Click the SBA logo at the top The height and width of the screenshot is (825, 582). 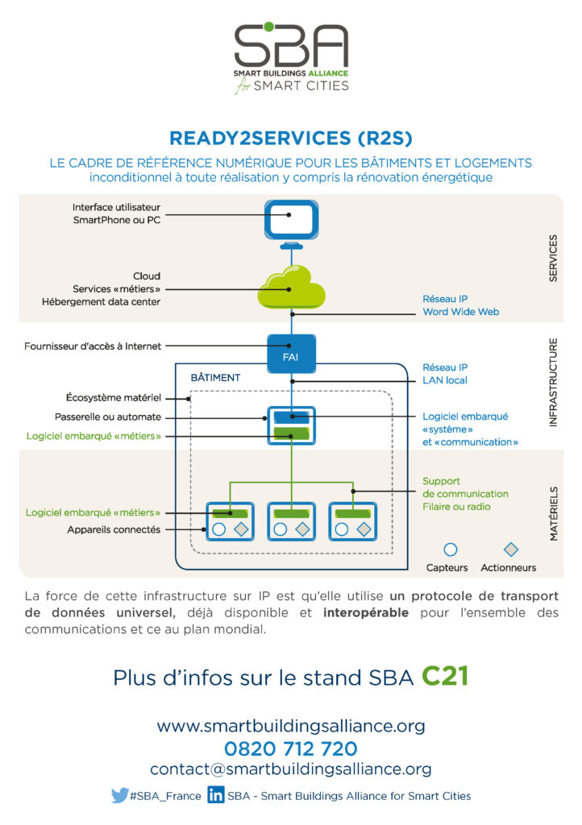click(x=291, y=58)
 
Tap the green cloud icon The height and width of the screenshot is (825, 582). click(x=291, y=288)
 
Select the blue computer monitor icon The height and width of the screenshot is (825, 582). click(x=291, y=225)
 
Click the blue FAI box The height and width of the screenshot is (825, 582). click(x=292, y=354)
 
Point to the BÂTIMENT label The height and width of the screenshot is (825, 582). click(x=215, y=378)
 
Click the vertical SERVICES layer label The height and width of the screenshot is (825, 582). click(x=553, y=259)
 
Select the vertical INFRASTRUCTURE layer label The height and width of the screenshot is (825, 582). click(x=553, y=383)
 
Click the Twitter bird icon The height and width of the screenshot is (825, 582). click(x=119, y=795)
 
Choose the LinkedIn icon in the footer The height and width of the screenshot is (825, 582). click(x=216, y=794)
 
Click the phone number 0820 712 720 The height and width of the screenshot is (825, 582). click(x=291, y=748)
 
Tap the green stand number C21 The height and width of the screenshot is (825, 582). click(x=445, y=676)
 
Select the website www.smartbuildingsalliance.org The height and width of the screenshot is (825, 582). click(x=291, y=726)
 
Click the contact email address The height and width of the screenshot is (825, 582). click(x=291, y=769)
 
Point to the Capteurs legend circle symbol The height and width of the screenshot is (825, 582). click(x=450, y=549)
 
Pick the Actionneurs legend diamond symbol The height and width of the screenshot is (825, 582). click(x=511, y=549)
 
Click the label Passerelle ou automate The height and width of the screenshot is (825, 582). click(x=108, y=417)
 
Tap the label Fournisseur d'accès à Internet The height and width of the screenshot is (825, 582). click(x=93, y=346)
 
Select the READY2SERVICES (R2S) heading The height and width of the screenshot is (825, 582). click(x=291, y=138)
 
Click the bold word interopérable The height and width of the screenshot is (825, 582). click(x=366, y=612)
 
